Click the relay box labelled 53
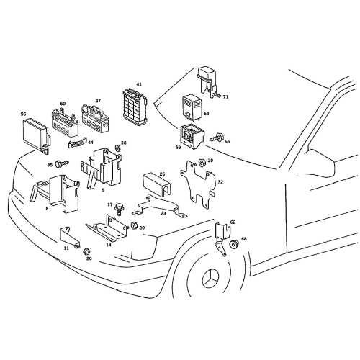[x=192, y=106]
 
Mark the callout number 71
[x=225, y=96]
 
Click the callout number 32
[x=220, y=182]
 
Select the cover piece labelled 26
[x=154, y=184]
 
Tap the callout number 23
[x=163, y=213]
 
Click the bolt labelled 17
[x=119, y=211]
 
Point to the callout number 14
[x=109, y=244]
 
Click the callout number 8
[x=47, y=208]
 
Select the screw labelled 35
[x=63, y=165]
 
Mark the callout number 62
[x=233, y=222]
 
